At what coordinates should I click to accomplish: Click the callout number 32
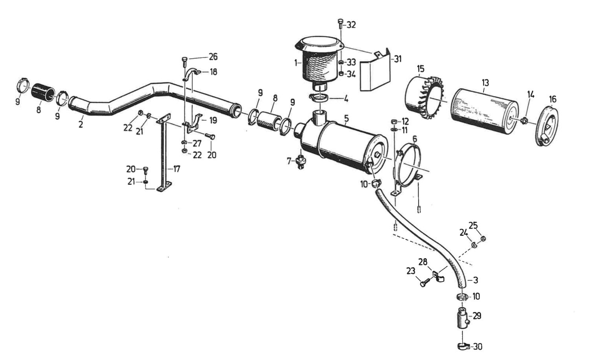pyautogui.click(x=350, y=25)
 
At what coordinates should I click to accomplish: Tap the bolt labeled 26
pyautogui.click(x=185, y=61)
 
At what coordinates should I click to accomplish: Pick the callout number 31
pyautogui.click(x=398, y=59)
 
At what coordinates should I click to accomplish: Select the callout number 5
pyautogui.click(x=346, y=118)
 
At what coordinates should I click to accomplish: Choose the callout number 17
pyautogui.click(x=176, y=169)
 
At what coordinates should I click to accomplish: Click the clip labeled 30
pyautogui.click(x=463, y=346)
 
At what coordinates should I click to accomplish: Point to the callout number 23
pyautogui.click(x=411, y=271)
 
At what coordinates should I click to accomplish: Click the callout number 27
pyautogui.click(x=197, y=143)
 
